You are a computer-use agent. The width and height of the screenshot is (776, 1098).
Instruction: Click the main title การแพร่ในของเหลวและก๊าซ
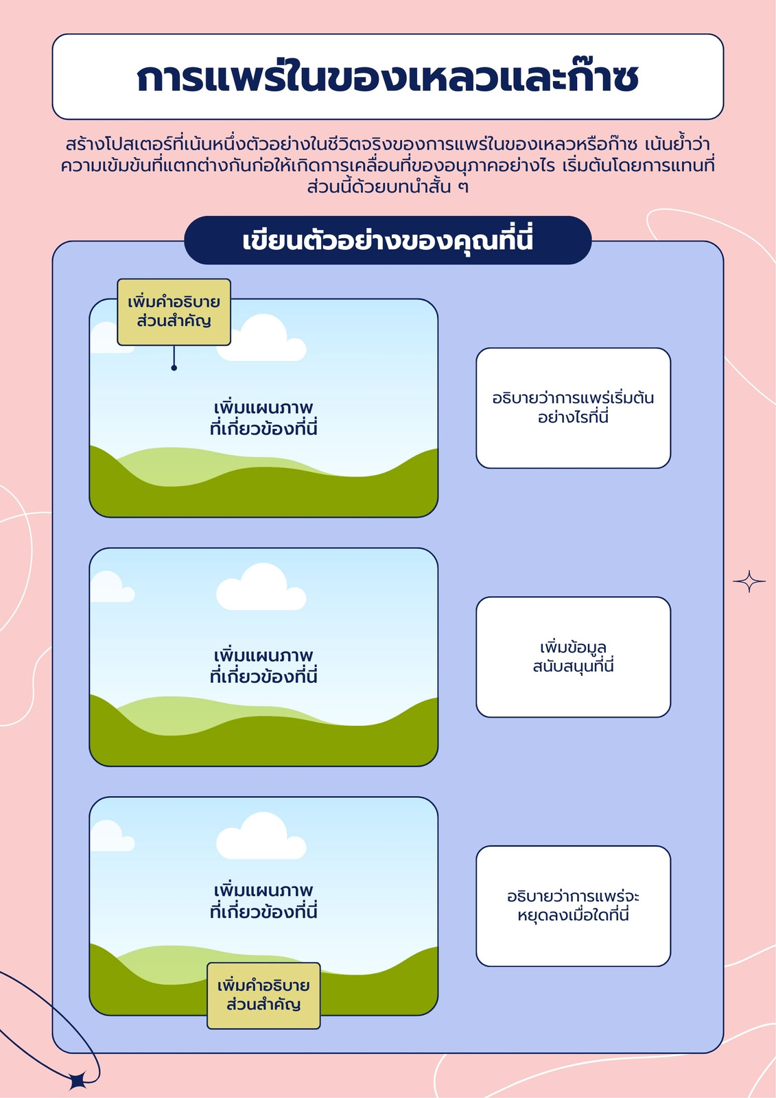point(387,78)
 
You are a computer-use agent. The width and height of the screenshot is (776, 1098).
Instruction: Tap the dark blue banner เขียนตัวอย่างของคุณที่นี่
point(388,240)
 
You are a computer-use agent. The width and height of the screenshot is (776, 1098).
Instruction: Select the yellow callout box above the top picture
point(174,312)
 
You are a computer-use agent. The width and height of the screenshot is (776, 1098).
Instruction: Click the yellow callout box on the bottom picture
point(263,995)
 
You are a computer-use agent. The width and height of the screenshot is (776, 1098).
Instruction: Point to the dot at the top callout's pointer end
point(174,368)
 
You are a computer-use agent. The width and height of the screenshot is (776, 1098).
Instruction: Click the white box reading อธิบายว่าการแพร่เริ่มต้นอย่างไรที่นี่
point(573,408)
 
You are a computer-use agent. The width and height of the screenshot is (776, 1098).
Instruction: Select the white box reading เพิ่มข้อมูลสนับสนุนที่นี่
point(573,657)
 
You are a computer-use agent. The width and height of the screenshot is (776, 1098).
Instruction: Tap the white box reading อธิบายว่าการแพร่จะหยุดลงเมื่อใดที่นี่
point(573,906)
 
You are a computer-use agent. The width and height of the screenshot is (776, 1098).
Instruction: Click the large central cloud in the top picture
point(262,339)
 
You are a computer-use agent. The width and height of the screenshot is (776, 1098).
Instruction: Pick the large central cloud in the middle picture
point(261,587)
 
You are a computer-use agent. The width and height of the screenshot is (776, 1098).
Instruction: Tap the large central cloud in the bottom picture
point(261,837)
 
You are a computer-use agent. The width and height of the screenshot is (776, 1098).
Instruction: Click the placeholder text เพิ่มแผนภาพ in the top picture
point(263,408)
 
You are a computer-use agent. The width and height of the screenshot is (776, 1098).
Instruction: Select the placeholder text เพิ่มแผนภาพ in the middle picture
point(263,656)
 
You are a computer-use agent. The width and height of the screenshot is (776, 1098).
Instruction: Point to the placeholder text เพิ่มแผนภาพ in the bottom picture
point(263,890)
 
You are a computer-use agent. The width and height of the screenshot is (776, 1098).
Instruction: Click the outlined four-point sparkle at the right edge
point(749,581)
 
